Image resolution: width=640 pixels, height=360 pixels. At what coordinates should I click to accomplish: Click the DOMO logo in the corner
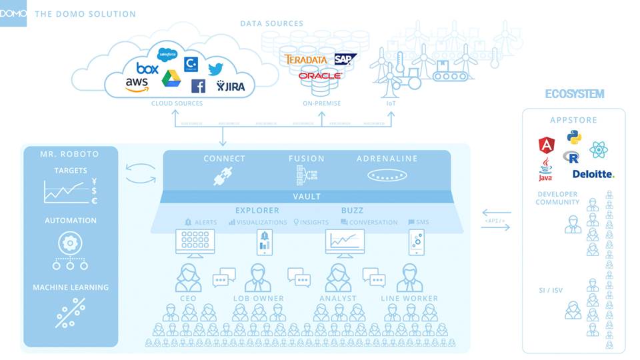click(x=13, y=13)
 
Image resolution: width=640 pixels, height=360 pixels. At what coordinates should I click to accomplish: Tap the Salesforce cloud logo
click(x=166, y=54)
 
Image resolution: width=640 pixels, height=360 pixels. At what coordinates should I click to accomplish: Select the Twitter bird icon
click(x=215, y=69)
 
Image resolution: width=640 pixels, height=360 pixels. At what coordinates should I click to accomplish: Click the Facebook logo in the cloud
click(x=198, y=86)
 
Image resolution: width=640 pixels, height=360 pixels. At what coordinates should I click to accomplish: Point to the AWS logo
click(x=137, y=85)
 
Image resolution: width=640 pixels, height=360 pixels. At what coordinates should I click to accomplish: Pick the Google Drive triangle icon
click(x=171, y=78)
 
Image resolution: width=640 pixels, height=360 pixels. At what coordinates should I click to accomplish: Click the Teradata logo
click(x=305, y=59)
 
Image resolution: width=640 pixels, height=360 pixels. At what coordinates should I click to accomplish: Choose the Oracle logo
click(x=319, y=76)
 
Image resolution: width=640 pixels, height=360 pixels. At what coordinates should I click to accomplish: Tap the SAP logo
click(x=345, y=59)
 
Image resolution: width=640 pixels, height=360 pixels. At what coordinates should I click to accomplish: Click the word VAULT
click(x=307, y=197)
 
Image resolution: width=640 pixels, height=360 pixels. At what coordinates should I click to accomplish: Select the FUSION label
click(x=307, y=159)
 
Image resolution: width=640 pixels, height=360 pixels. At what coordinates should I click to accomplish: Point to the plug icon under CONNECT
click(x=222, y=176)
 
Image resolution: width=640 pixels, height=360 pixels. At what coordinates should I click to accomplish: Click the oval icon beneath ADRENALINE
click(x=387, y=176)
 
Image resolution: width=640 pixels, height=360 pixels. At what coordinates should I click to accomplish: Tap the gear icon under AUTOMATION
click(x=70, y=241)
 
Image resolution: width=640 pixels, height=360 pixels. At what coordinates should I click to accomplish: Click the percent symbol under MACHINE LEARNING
click(x=70, y=313)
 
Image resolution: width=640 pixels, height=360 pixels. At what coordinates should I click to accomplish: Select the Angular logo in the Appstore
click(x=547, y=144)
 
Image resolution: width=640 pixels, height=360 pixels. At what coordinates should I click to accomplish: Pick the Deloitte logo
click(x=593, y=174)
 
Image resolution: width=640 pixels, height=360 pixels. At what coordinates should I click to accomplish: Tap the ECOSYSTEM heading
click(x=574, y=94)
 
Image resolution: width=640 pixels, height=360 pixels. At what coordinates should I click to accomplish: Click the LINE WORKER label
click(x=409, y=299)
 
